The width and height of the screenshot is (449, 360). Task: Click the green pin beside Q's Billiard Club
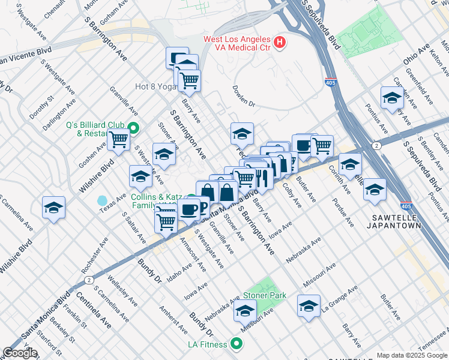(133, 128)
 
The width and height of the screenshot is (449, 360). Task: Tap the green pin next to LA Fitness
(237, 344)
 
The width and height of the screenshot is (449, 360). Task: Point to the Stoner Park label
(264, 296)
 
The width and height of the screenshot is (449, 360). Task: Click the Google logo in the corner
(20, 353)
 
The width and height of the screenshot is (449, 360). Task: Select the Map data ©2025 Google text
(412, 355)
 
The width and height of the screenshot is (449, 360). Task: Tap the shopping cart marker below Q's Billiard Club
(119, 139)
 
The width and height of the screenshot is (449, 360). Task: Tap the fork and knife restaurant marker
(262, 177)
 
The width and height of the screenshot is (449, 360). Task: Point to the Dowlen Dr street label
(244, 104)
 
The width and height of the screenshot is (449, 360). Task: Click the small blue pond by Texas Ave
(102, 200)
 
